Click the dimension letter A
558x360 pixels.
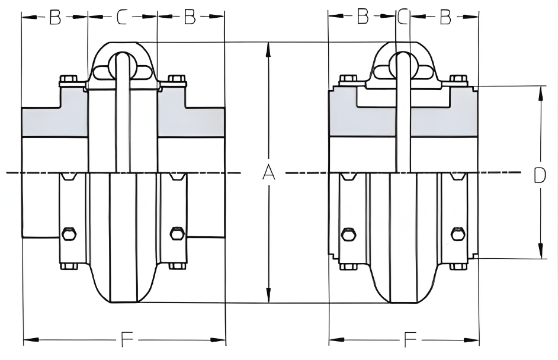[269, 172]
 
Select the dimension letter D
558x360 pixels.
[539, 175]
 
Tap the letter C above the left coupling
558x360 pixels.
[122, 18]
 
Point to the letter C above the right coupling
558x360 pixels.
[403, 18]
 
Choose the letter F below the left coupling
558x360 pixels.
[126, 339]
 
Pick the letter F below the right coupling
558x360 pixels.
[409, 339]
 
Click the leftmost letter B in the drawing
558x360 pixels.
[54, 18]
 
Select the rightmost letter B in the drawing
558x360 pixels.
[445, 18]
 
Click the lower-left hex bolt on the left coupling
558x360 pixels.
[69, 234]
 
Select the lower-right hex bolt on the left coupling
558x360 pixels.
[177, 234]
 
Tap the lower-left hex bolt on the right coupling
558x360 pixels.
[348, 234]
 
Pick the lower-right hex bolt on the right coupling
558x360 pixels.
[457, 234]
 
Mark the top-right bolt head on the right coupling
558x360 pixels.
[458, 79]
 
